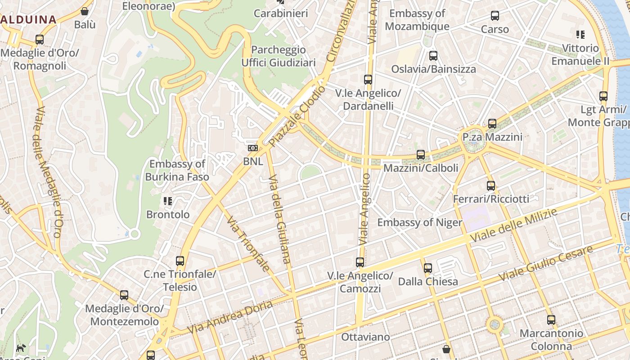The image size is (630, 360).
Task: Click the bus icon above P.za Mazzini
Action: tap(492, 124)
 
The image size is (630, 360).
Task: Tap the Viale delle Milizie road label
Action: tap(513, 226)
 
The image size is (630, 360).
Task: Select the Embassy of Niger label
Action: tap(419, 222)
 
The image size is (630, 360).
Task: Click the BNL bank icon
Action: tap(253, 148)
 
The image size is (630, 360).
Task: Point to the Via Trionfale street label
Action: tap(248, 244)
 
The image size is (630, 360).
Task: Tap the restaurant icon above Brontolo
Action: tap(168, 201)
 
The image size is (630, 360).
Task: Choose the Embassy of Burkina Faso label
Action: tap(177, 171)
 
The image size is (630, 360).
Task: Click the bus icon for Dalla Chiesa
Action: tap(427, 268)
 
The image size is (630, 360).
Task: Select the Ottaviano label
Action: tap(365, 337)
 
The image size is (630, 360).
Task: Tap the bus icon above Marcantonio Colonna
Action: tap(551, 320)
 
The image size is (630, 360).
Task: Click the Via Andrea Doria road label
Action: tap(230, 318)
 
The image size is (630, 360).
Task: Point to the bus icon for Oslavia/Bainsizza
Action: tap(433, 56)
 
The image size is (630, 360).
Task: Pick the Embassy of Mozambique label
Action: tap(417, 20)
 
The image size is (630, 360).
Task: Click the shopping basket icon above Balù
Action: tap(85, 11)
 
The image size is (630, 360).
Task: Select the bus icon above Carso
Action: tap(495, 16)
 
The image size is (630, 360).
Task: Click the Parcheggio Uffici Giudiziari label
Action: tap(279, 56)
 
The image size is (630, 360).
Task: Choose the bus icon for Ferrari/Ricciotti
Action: tap(491, 185)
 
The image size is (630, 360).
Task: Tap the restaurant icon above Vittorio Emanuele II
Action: tap(580, 34)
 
